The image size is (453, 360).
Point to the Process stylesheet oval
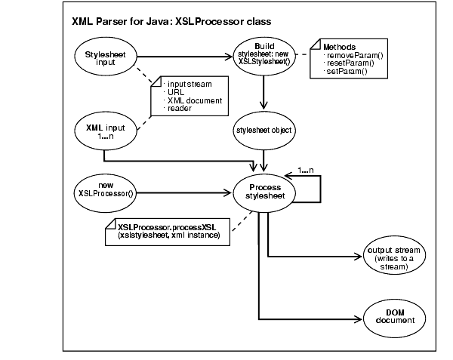point(263,192)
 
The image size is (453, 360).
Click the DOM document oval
point(396,317)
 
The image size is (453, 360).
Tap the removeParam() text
point(351,56)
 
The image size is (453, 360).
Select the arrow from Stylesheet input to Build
point(185,54)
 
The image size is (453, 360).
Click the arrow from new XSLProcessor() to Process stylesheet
point(185,191)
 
